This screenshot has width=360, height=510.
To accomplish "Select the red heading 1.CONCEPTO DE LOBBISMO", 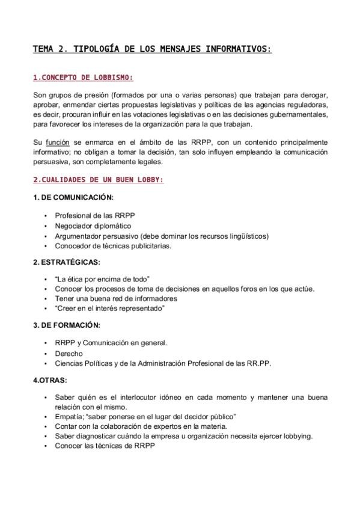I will tap(82, 78).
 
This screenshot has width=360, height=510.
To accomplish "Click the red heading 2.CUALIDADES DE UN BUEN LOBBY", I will tap(97, 180).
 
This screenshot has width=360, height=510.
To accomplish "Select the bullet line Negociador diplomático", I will tap(93, 226).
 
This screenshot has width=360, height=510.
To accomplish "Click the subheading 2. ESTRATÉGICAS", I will tap(66, 262).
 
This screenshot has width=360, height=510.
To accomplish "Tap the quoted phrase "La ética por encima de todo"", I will tap(102, 280).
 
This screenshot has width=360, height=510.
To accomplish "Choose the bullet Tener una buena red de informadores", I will tap(116, 298).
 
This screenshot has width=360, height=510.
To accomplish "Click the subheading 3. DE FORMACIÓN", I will tap(66, 325).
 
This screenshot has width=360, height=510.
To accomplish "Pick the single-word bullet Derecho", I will tap(69, 354).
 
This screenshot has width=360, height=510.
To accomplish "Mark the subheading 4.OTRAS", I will tap(50, 380).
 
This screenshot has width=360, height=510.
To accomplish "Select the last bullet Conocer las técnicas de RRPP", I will tap(101, 446).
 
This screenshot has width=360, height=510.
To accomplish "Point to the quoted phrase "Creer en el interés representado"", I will tap(109, 308).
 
